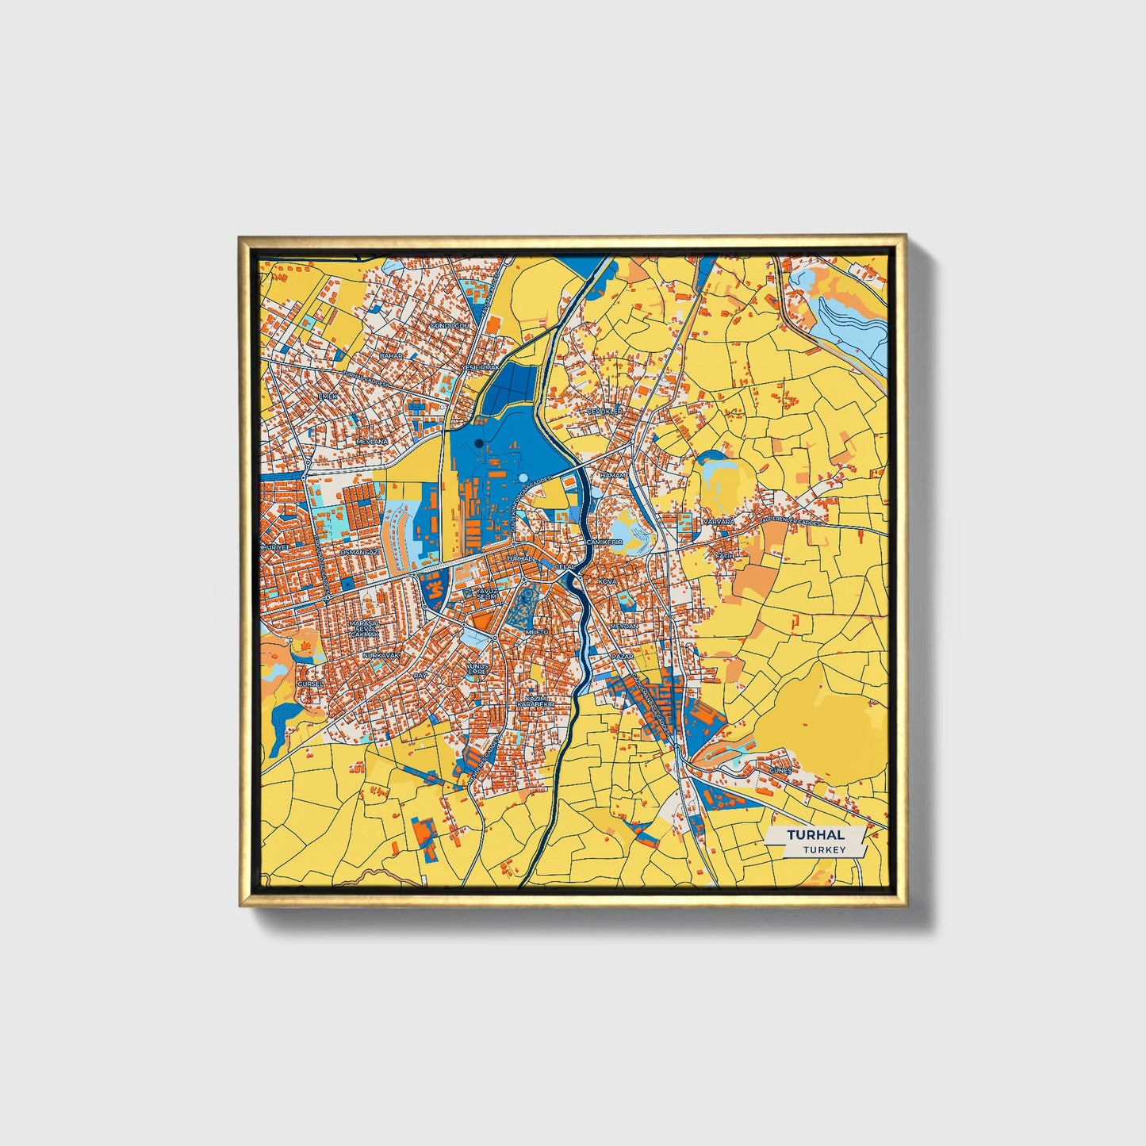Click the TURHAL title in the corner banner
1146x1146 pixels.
[815, 835]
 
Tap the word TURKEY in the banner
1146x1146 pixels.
[824, 849]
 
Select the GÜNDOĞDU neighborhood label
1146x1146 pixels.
[450, 326]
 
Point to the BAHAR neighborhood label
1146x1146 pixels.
[391, 356]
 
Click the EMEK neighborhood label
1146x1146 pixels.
[327, 396]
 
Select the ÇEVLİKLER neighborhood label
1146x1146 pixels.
[605, 412]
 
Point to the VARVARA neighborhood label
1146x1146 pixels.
[719, 522]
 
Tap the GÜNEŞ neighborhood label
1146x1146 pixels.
[780, 770]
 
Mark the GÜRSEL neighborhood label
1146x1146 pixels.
[310, 684]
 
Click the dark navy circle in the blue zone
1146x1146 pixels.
[479, 443]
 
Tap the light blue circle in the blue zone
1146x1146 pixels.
[523, 477]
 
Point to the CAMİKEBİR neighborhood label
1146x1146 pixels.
[605, 541]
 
